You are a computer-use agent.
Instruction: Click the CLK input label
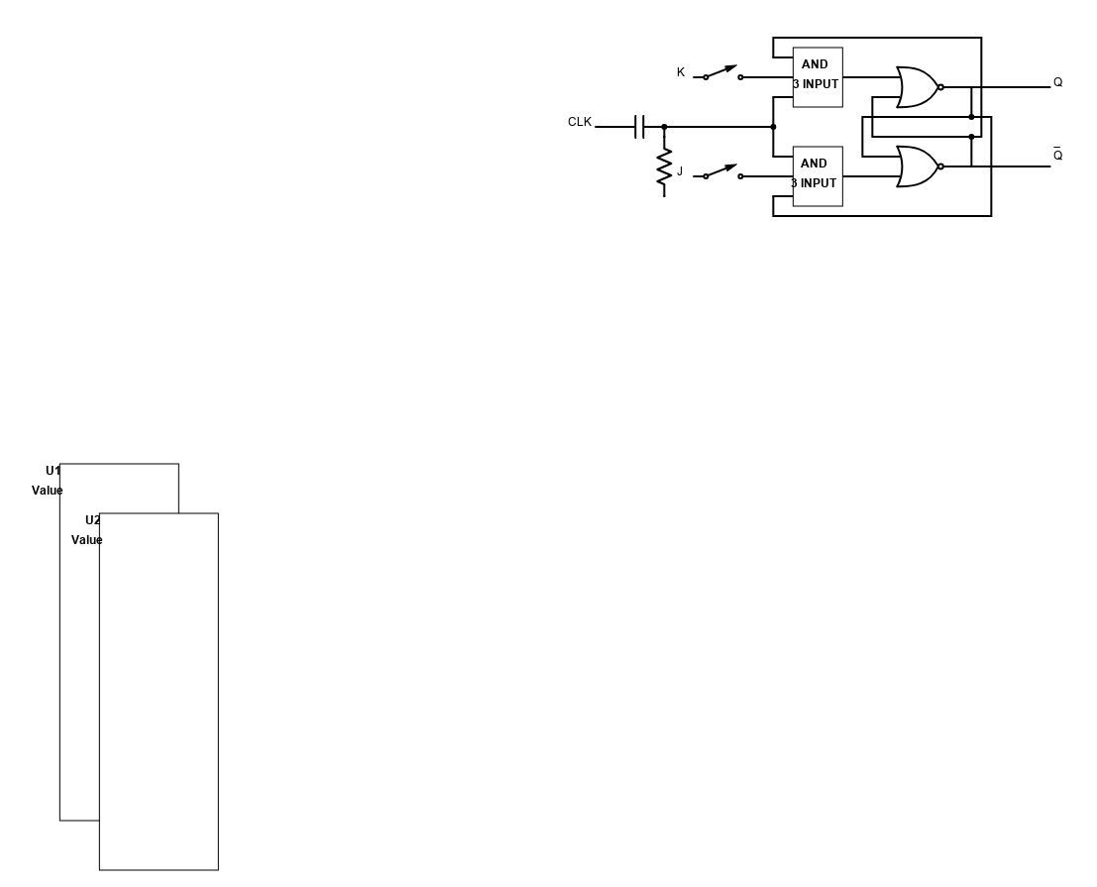point(580,122)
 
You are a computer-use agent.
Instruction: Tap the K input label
point(680,72)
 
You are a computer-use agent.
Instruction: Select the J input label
point(680,171)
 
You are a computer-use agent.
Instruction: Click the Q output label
point(1057,82)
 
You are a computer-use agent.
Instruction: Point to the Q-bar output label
point(1057,155)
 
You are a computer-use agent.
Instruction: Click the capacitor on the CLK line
point(639,127)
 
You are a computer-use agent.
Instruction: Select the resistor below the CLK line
point(664,167)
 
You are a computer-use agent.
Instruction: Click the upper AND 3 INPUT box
point(818,77)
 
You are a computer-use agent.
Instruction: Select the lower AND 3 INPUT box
point(818,176)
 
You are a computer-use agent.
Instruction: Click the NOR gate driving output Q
point(918,87)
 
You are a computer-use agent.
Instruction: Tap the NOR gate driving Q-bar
point(918,166)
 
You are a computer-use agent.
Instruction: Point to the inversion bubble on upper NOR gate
point(940,87)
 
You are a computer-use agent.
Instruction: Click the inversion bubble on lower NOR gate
point(940,166)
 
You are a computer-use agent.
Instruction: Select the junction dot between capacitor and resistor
point(664,127)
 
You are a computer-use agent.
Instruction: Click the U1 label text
point(54,470)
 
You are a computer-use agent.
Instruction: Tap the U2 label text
point(92,519)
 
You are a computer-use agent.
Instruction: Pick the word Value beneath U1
point(47,491)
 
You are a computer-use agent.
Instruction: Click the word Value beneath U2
point(87,540)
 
